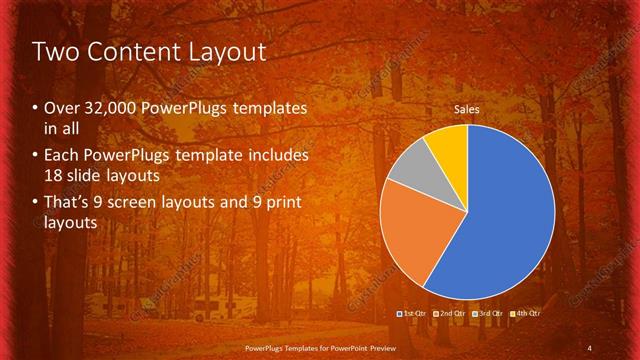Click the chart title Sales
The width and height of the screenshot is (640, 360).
[466, 108]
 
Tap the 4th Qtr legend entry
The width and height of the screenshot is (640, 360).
[527, 314]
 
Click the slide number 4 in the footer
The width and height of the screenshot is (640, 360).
[590, 347]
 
